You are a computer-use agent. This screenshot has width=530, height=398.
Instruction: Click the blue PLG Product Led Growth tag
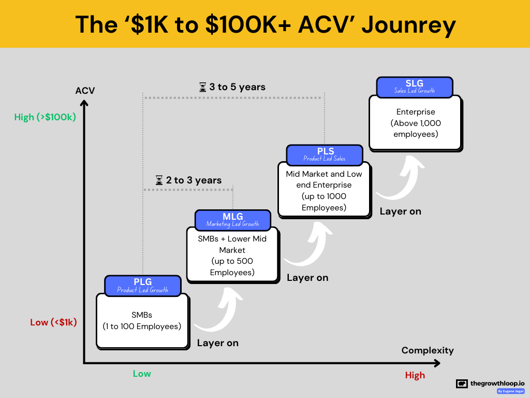coord(142,286)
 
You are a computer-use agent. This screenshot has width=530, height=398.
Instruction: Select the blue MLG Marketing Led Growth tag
coord(232,220)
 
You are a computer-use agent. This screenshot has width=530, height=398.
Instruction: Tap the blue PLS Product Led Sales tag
coord(325,154)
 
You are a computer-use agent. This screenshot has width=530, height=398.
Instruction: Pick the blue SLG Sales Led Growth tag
coord(414,87)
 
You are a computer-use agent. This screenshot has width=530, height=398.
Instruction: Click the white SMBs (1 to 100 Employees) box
coord(142,321)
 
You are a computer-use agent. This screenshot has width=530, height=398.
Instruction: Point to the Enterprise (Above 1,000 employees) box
coord(415,123)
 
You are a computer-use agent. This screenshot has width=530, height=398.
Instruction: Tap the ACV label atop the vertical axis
coord(85,91)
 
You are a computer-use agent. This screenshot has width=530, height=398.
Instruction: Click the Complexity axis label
coord(428,350)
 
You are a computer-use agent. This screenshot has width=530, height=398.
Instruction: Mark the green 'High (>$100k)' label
coord(45,117)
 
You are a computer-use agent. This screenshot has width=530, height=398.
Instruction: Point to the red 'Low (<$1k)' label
coord(53,322)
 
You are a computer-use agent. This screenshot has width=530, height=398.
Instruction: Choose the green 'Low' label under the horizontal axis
coord(142,374)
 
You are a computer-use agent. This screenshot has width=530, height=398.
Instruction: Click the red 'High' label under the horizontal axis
coord(415,375)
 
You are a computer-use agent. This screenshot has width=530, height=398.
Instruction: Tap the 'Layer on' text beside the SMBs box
coord(218,343)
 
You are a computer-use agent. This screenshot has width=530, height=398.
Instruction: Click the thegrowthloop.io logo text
coord(497,383)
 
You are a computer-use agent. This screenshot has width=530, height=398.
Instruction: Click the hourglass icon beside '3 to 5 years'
coord(203,87)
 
